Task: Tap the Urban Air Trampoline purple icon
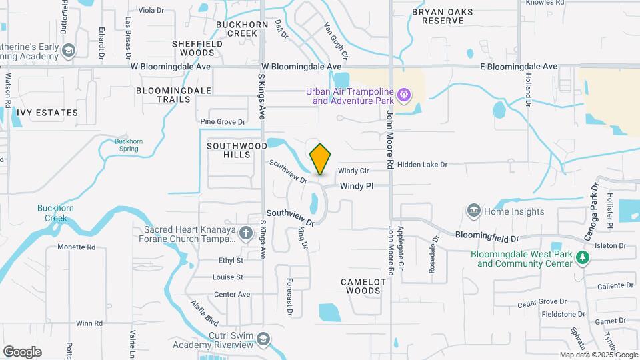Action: [403, 96]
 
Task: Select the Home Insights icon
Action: [473, 211]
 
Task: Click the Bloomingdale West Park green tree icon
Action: [583, 258]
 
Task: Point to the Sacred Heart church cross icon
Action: [246, 233]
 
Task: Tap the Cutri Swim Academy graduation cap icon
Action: [264, 339]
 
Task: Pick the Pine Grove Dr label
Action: [223, 122]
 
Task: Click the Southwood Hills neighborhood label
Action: [229, 149]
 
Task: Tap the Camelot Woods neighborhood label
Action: [363, 286]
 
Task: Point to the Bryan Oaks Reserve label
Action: [437, 16]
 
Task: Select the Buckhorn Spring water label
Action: [125, 144]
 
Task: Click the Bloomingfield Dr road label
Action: [487, 236]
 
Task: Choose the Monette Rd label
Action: [76, 247]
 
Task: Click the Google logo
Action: [22, 352]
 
